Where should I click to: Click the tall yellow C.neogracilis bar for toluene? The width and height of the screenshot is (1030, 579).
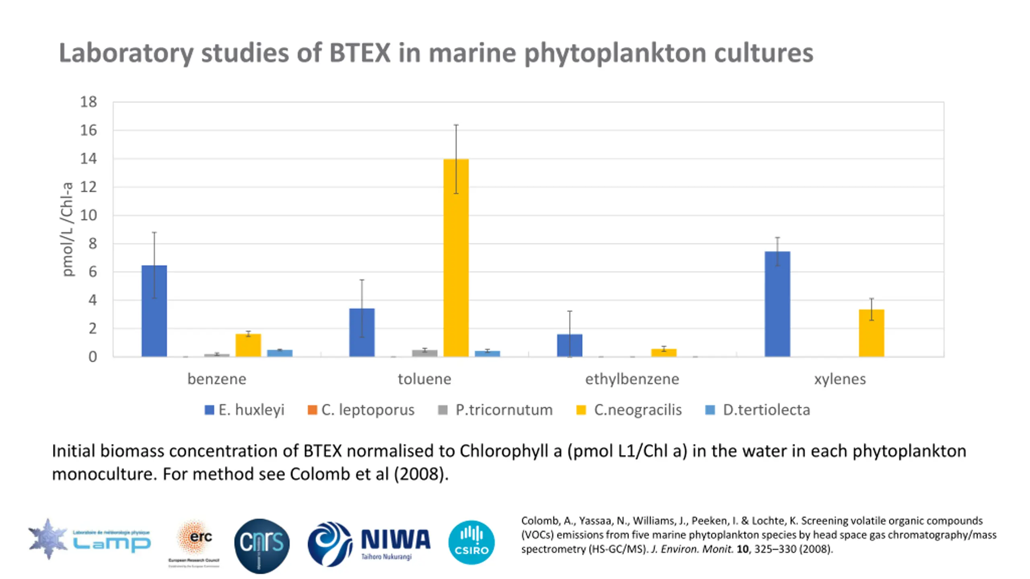pos(456,257)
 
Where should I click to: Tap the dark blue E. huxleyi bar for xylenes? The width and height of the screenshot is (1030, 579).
pos(777,304)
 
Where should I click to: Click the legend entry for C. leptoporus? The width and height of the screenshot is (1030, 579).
pos(361,410)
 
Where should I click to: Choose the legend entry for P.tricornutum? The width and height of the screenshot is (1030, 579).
pos(495,410)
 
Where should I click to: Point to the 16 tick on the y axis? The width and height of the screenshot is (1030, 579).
pos(89,130)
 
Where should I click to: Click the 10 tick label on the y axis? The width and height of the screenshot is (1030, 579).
pos(89,215)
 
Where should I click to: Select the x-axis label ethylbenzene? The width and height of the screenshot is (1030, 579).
pos(632,379)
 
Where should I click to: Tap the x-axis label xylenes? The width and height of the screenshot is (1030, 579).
pos(840,379)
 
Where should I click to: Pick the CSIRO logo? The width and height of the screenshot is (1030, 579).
pos(471,543)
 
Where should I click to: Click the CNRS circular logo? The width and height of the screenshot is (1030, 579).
pos(262,545)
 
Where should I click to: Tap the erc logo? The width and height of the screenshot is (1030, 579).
pos(195,541)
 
